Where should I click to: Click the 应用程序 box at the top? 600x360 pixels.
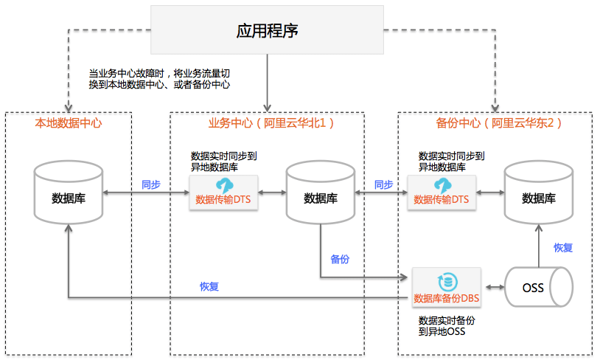(267, 30)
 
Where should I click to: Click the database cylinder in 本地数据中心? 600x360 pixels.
(68, 194)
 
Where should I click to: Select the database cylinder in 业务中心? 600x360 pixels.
(321, 194)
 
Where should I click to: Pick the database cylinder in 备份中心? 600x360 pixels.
(538, 194)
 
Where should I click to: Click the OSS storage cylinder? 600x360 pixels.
(537, 288)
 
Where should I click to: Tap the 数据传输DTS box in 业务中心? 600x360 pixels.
(224, 193)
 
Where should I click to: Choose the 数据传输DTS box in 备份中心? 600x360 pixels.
(441, 193)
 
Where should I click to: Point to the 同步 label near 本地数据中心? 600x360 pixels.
(151, 184)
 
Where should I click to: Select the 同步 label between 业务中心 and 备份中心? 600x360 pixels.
(383, 184)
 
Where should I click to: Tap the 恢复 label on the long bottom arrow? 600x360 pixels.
(209, 286)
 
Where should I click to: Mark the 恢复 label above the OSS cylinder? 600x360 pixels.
(563, 248)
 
